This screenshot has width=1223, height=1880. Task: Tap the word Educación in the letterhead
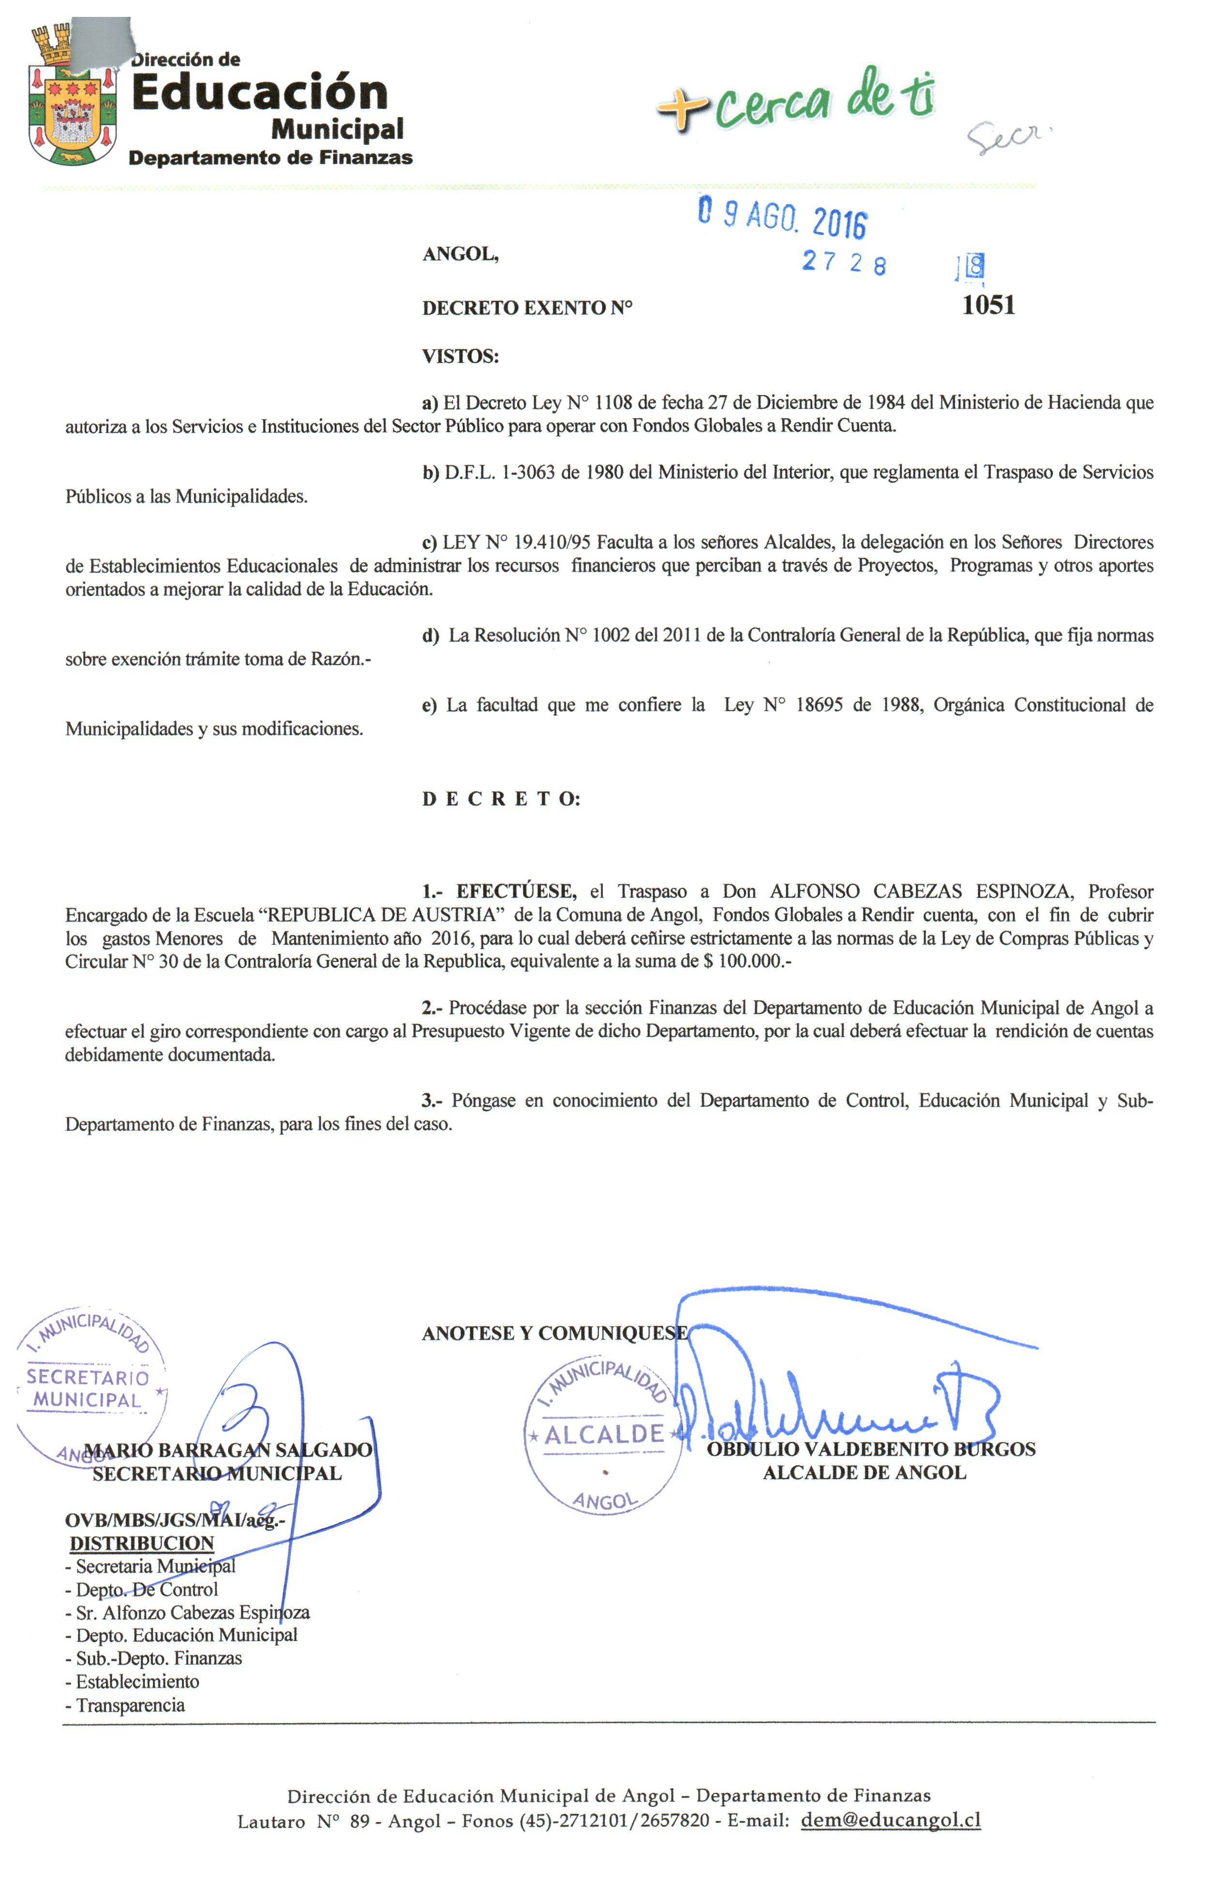259,93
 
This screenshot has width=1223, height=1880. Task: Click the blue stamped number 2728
843,262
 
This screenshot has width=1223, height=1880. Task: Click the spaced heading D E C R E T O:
501,799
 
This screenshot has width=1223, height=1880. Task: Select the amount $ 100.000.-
746,962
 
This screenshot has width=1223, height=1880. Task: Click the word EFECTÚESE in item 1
515,891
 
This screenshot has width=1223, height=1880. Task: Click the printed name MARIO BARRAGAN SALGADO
227,1450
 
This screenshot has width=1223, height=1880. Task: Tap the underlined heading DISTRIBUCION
141,1543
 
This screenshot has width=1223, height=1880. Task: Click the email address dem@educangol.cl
890,1820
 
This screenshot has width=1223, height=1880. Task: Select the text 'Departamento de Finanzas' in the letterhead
270,157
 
